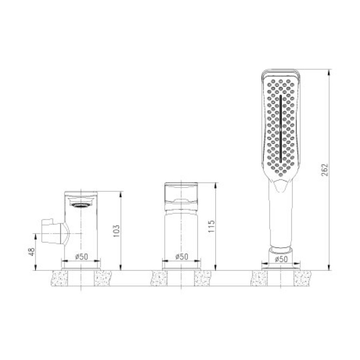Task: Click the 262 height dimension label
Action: [x=325, y=170]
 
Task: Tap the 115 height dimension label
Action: [x=211, y=226]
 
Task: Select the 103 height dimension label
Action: [x=116, y=231]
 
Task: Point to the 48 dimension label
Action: [x=32, y=252]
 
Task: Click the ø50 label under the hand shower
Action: [x=281, y=259]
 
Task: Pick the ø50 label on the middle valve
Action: [x=182, y=256]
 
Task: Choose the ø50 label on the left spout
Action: [x=82, y=256]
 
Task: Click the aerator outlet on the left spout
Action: [x=80, y=205]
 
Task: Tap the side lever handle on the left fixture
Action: [x=55, y=232]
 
